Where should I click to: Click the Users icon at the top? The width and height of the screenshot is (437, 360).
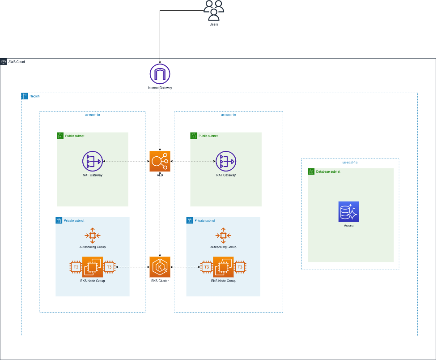click(x=214, y=10)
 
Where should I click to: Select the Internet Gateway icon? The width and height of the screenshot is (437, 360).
click(x=160, y=73)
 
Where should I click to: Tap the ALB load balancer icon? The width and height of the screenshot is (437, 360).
click(x=160, y=161)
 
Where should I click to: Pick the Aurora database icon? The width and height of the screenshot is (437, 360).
click(x=348, y=212)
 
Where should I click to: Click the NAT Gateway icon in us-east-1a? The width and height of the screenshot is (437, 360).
click(x=92, y=161)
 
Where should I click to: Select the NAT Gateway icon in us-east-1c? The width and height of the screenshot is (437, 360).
click(x=226, y=161)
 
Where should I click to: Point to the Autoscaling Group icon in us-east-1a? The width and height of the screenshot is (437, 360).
click(x=92, y=236)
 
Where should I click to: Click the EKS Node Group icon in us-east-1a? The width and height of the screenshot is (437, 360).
click(x=92, y=267)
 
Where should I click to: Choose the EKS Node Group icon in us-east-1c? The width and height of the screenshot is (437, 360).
click(x=223, y=267)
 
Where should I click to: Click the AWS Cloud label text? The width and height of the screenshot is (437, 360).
click(x=17, y=62)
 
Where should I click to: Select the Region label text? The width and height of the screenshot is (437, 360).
click(x=34, y=96)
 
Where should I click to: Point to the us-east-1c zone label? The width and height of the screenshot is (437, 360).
click(x=228, y=115)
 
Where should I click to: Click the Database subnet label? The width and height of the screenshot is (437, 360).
click(x=328, y=171)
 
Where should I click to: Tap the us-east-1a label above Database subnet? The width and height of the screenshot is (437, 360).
click(x=350, y=162)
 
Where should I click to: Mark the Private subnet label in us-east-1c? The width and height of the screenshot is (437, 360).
click(x=204, y=220)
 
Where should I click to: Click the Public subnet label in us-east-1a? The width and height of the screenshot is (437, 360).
click(x=75, y=135)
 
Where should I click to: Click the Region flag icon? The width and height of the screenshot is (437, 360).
click(x=25, y=96)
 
